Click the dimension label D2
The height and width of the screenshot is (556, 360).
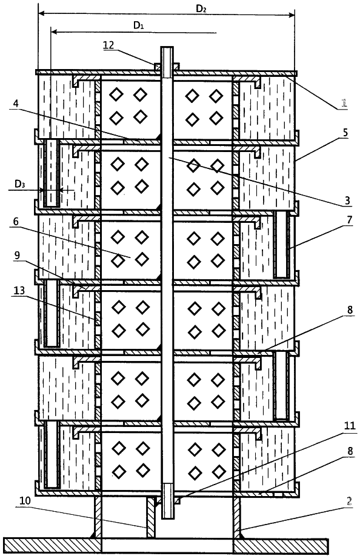(201, 9)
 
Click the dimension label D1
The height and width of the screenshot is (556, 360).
(138, 25)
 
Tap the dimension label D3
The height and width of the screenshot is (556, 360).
(19, 184)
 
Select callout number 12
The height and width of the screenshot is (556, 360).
(108, 45)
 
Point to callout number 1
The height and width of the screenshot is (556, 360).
(343, 103)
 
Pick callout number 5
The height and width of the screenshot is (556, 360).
(345, 133)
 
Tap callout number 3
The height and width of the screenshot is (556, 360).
(348, 200)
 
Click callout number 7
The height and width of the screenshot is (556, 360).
(350, 220)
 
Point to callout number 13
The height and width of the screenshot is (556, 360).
(19, 291)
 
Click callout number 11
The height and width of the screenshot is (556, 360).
(350, 426)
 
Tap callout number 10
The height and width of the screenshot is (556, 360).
(25, 500)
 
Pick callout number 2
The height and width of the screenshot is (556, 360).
(349, 501)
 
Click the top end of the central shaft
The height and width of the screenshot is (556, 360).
(167, 47)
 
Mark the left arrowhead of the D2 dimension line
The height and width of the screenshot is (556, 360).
(40, 14)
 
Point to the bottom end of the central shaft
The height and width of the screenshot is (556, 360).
(167, 519)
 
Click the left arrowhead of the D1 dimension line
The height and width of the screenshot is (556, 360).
(53, 32)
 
